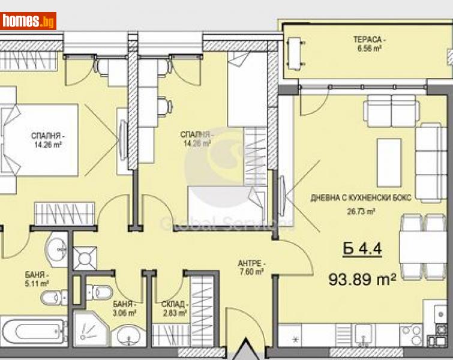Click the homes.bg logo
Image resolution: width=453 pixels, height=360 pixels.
tap(29, 21)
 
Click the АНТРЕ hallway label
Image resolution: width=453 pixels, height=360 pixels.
tap(251, 264)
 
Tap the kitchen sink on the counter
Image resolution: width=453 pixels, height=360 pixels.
tap(362, 333)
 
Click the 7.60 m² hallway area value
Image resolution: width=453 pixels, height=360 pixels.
tap(251, 272)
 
